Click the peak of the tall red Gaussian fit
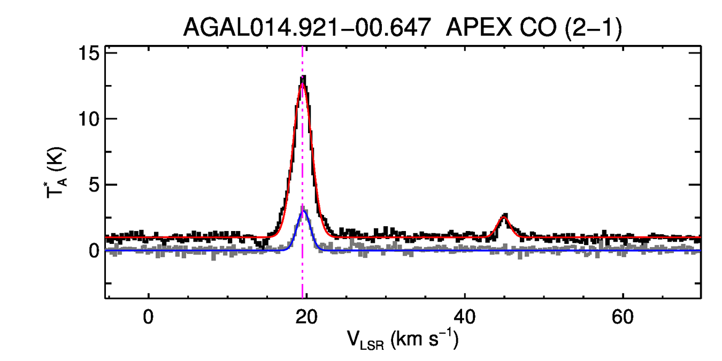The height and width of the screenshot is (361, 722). coord(303,83)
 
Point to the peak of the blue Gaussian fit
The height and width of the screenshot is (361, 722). coord(304,211)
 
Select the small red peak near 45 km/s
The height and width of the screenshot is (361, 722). coord(504,217)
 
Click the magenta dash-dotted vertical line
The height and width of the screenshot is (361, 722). coord(303,267)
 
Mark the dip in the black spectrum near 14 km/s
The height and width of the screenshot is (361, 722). coord(261,244)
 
